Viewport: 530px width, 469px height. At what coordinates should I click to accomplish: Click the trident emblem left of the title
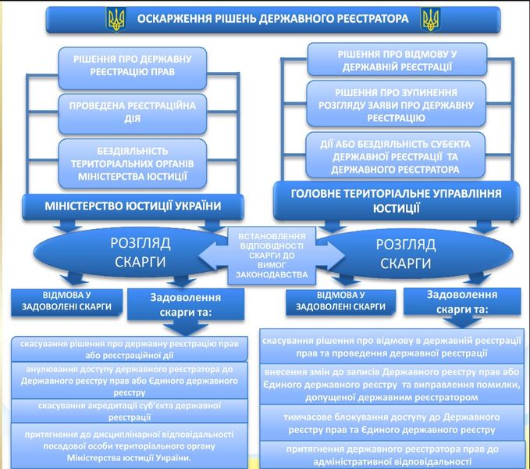coord(116,19)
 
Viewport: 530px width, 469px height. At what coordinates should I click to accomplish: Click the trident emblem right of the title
coord(430,19)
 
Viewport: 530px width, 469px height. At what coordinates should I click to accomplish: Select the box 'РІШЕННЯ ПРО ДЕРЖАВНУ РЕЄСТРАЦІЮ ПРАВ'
coord(133,68)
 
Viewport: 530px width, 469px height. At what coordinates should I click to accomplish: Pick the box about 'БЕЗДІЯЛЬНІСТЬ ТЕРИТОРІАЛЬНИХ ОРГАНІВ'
coord(133,163)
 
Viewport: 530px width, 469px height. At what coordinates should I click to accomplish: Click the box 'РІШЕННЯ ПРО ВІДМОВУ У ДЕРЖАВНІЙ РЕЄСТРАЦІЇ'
coord(397,59)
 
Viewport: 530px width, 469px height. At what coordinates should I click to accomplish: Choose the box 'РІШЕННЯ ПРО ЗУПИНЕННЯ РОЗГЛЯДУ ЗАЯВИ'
coord(397,103)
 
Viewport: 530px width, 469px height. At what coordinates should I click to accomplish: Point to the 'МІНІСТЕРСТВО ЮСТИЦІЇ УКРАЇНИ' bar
coord(133,206)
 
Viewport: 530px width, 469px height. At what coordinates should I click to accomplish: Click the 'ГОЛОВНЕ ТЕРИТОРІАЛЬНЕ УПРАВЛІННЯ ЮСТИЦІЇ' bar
coord(397,201)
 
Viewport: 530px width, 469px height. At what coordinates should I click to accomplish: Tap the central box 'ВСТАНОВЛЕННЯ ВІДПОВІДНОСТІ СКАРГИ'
coord(272,255)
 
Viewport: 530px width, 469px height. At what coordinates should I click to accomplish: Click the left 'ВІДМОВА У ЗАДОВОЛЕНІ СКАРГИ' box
coord(66,303)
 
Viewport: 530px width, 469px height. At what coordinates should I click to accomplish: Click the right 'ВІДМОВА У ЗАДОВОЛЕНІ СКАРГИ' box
coord(340,303)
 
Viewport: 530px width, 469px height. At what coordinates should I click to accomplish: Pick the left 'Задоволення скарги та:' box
coord(186,304)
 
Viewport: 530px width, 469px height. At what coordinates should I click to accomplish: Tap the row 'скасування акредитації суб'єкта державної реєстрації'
coord(130,411)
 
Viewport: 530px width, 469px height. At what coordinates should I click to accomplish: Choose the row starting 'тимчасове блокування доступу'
coord(392,423)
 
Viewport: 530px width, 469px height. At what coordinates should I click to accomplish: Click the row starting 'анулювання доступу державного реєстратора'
coord(130,381)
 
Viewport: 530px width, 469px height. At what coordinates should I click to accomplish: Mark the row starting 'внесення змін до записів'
coord(392,385)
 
